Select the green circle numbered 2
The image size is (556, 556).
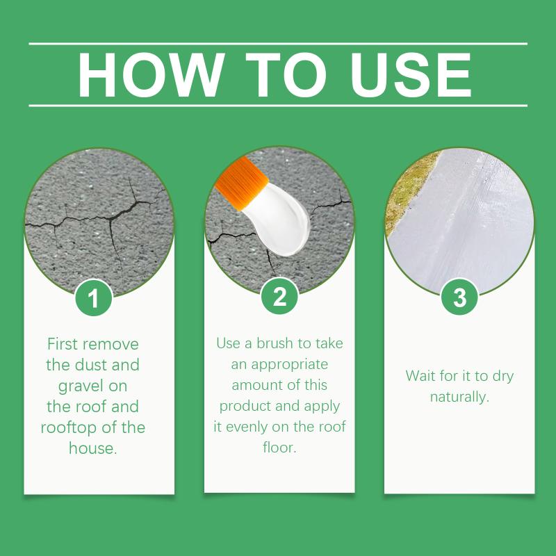[279, 297]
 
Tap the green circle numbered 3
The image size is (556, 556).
[459, 297]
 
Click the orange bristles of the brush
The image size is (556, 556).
[240, 184]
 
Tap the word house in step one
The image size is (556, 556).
[91, 448]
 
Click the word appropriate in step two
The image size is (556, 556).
[288, 364]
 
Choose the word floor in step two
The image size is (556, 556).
[279, 448]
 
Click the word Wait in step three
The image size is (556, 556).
[421, 375]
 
